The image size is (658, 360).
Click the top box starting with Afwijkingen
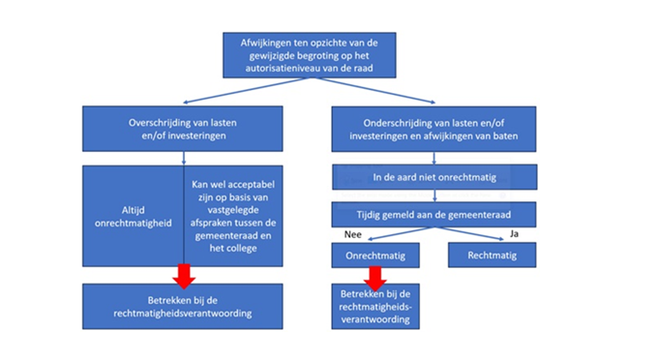pyautogui.click(x=310, y=55)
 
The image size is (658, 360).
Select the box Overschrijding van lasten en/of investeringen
pyautogui.click(x=183, y=129)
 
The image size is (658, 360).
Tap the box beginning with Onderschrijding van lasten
pyautogui.click(x=434, y=130)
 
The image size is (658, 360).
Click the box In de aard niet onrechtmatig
pyautogui.click(x=434, y=177)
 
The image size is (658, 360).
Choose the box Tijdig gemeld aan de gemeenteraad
pyautogui.click(x=434, y=215)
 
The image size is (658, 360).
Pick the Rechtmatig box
pyautogui.click(x=492, y=255)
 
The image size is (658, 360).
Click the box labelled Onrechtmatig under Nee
pyautogui.click(x=375, y=255)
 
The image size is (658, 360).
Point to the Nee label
pyautogui.click(x=352, y=234)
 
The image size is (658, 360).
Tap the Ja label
pyautogui.click(x=514, y=233)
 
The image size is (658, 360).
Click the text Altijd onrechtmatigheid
pyautogui.click(x=133, y=217)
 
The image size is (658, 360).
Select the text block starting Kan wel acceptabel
pyautogui.click(x=233, y=216)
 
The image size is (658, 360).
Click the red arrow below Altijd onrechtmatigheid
pyautogui.click(x=184, y=276)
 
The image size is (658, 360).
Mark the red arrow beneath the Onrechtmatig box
pyautogui.click(x=375, y=278)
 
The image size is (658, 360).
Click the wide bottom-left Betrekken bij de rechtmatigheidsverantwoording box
pyautogui.click(x=183, y=307)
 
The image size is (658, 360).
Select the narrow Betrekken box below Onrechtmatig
pyautogui.click(x=375, y=307)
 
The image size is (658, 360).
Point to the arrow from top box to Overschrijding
pyautogui.click(x=247, y=90)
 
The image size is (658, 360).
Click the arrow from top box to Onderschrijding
pyautogui.click(x=373, y=90)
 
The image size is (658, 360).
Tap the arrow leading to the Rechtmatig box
pyautogui.click(x=468, y=233)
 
